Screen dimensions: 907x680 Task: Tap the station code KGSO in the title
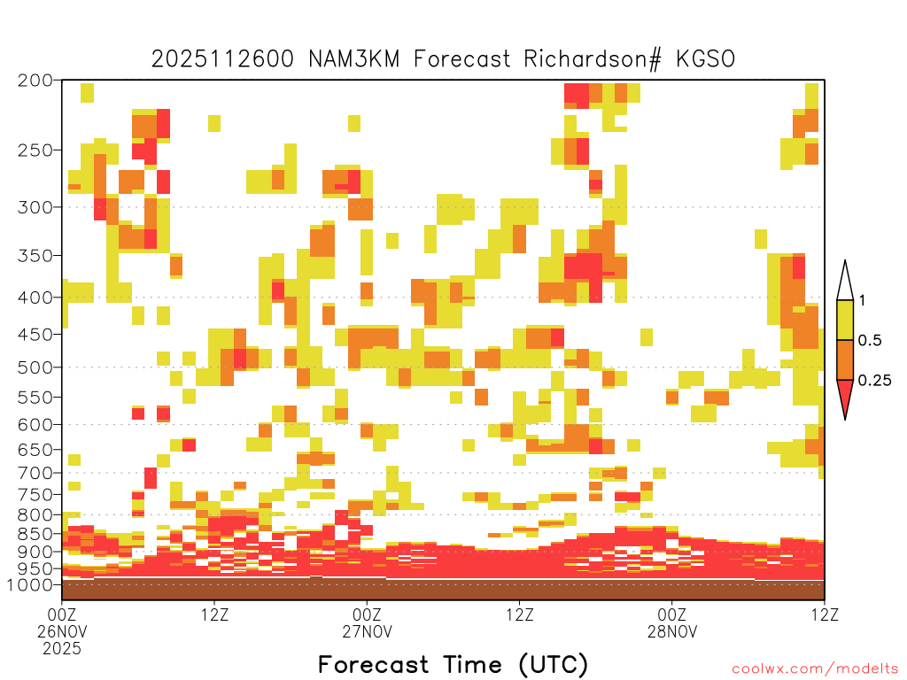point(705,59)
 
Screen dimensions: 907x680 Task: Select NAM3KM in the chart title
point(354,59)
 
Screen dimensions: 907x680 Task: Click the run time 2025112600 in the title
point(222,59)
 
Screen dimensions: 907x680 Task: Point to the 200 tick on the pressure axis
point(35,81)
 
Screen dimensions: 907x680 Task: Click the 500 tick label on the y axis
point(35,367)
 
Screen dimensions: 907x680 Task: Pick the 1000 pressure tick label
point(30,584)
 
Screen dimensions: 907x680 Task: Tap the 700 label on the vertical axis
point(35,473)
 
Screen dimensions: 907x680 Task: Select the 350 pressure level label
point(35,255)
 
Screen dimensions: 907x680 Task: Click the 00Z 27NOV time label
point(368,622)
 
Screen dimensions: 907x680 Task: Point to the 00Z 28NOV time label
point(672,622)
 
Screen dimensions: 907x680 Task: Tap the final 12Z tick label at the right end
point(825,614)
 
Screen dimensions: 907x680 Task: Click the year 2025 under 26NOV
point(62,648)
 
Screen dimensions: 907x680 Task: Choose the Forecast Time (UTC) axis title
point(453,665)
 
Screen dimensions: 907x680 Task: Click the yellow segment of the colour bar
point(845,320)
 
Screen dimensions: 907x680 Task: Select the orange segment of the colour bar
point(845,359)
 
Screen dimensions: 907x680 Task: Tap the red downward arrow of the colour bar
point(845,396)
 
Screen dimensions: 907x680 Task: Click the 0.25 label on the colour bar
point(874,380)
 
